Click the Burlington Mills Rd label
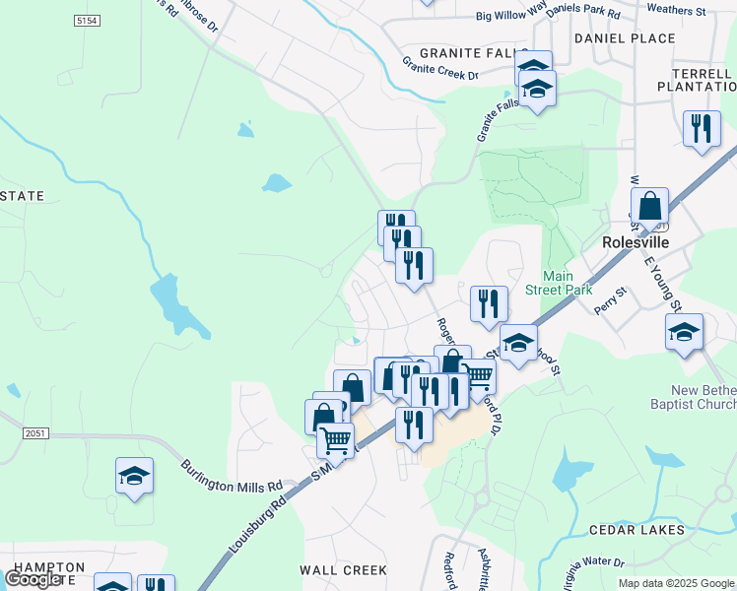(232, 473)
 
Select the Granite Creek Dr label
(439, 68)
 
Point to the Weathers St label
(677, 10)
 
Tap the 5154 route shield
(88, 20)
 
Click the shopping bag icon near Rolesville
(649, 208)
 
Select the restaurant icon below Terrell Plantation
(702, 131)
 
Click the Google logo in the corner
(33, 579)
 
